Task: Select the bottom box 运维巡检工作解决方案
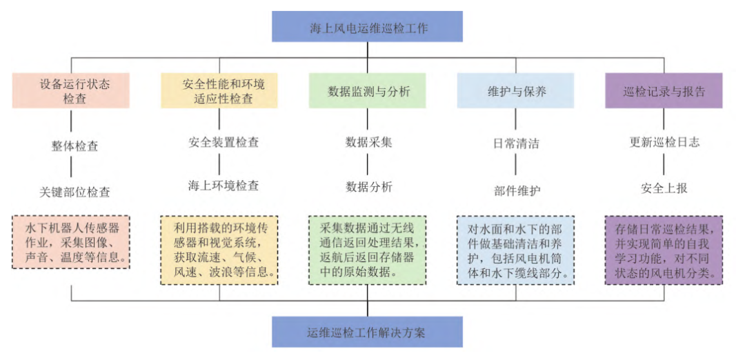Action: pos(367,332)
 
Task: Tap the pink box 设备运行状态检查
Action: pos(71,90)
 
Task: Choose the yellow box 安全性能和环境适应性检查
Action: pos(219,90)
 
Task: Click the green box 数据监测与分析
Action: pos(367,90)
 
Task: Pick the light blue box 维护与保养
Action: pos(515,90)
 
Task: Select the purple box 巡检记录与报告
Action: pos(664,90)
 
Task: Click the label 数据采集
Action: pos(368,143)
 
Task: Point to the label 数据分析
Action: pos(368,187)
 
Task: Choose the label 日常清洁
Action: pos(516,144)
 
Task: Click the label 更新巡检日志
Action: pos(664,143)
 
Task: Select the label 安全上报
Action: pos(664,188)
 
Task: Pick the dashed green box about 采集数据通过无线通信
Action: pos(367,249)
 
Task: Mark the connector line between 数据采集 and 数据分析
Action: pos(368,164)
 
